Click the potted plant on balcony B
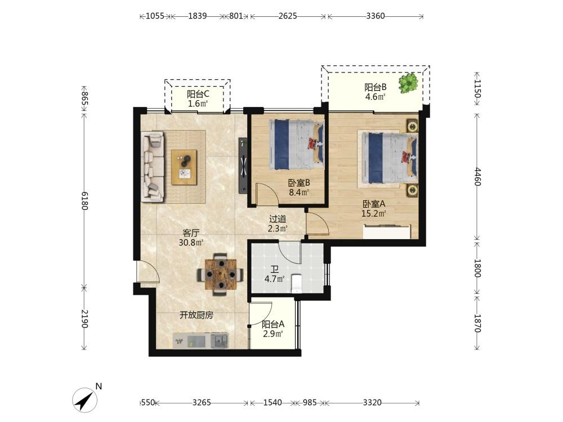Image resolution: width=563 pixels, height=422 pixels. pos(408,83)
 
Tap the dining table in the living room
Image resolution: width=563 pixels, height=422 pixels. pos(221,275)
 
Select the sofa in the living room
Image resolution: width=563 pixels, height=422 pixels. pos(153,166)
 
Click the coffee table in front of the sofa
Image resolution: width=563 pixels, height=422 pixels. pos(184,168)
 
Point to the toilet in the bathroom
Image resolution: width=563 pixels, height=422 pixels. pos(297,283)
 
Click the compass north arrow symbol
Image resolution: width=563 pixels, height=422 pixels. pos(85,399)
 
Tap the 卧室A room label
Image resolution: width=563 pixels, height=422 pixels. pos(374,204)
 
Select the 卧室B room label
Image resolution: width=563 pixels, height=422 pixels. pos(299,183)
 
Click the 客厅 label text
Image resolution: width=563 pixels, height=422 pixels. pos(191,233)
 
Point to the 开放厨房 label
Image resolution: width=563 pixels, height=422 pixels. pos(196,315)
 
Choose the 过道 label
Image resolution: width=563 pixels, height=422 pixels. pos(278,218)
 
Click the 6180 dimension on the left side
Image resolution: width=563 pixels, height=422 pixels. pos(84,201)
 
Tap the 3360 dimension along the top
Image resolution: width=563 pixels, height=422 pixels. pos(376,16)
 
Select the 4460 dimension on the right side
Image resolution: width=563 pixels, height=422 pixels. pos(477,177)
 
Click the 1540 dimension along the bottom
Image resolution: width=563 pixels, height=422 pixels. pos(272,403)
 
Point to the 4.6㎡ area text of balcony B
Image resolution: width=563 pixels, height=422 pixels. pos(375,97)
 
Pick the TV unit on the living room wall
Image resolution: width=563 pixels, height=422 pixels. pos(243,165)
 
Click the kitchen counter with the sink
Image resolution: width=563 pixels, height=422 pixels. pos(201,340)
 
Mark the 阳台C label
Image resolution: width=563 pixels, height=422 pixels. pos(198,95)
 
